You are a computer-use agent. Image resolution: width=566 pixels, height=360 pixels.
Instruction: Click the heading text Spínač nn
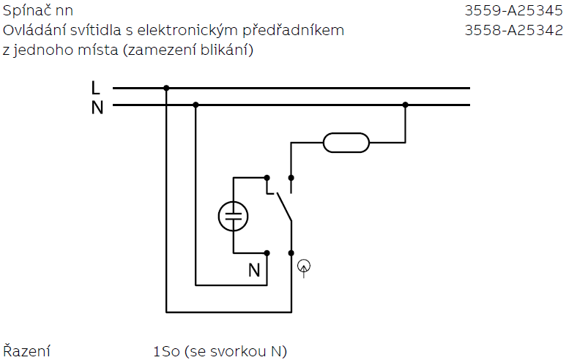click(x=38, y=11)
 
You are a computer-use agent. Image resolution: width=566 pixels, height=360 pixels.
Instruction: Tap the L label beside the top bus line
click(x=96, y=88)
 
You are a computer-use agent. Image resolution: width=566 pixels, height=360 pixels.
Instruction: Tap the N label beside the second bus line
click(x=97, y=107)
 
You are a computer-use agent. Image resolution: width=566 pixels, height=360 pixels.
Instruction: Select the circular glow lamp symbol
click(x=234, y=215)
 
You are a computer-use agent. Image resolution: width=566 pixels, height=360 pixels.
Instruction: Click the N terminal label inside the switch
click(x=254, y=270)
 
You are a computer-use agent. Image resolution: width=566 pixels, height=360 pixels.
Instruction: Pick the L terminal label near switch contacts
click(x=269, y=189)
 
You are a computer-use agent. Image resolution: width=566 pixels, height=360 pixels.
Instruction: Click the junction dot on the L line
click(x=166, y=88)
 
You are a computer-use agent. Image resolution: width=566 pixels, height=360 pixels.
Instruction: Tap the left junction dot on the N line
click(x=196, y=105)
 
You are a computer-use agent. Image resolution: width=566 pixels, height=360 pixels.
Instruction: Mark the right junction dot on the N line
click(x=405, y=105)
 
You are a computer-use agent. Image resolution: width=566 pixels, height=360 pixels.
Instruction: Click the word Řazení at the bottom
click(x=27, y=352)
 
